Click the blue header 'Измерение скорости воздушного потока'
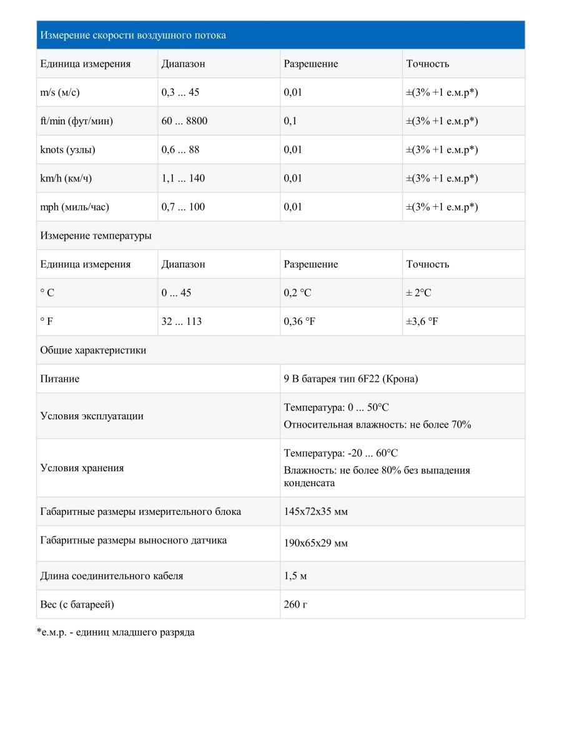(x=133, y=35)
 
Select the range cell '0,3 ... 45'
(x=180, y=92)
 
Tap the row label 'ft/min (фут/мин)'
(x=77, y=121)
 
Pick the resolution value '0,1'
(x=290, y=121)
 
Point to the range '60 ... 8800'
(x=184, y=121)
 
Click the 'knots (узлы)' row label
(x=68, y=150)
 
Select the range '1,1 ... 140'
(x=183, y=179)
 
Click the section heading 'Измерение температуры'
(x=96, y=236)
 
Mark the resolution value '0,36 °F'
(x=300, y=322)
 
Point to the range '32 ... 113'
(x=182, y=322)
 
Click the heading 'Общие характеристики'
(x=94, y=351)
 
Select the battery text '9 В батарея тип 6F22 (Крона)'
(x=351, y=379)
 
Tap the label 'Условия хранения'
(x=82, y=468)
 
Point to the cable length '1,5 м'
(x=295, y=576)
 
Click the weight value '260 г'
(x=296, y=605)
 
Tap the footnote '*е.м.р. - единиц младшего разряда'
(x=116, y=632)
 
